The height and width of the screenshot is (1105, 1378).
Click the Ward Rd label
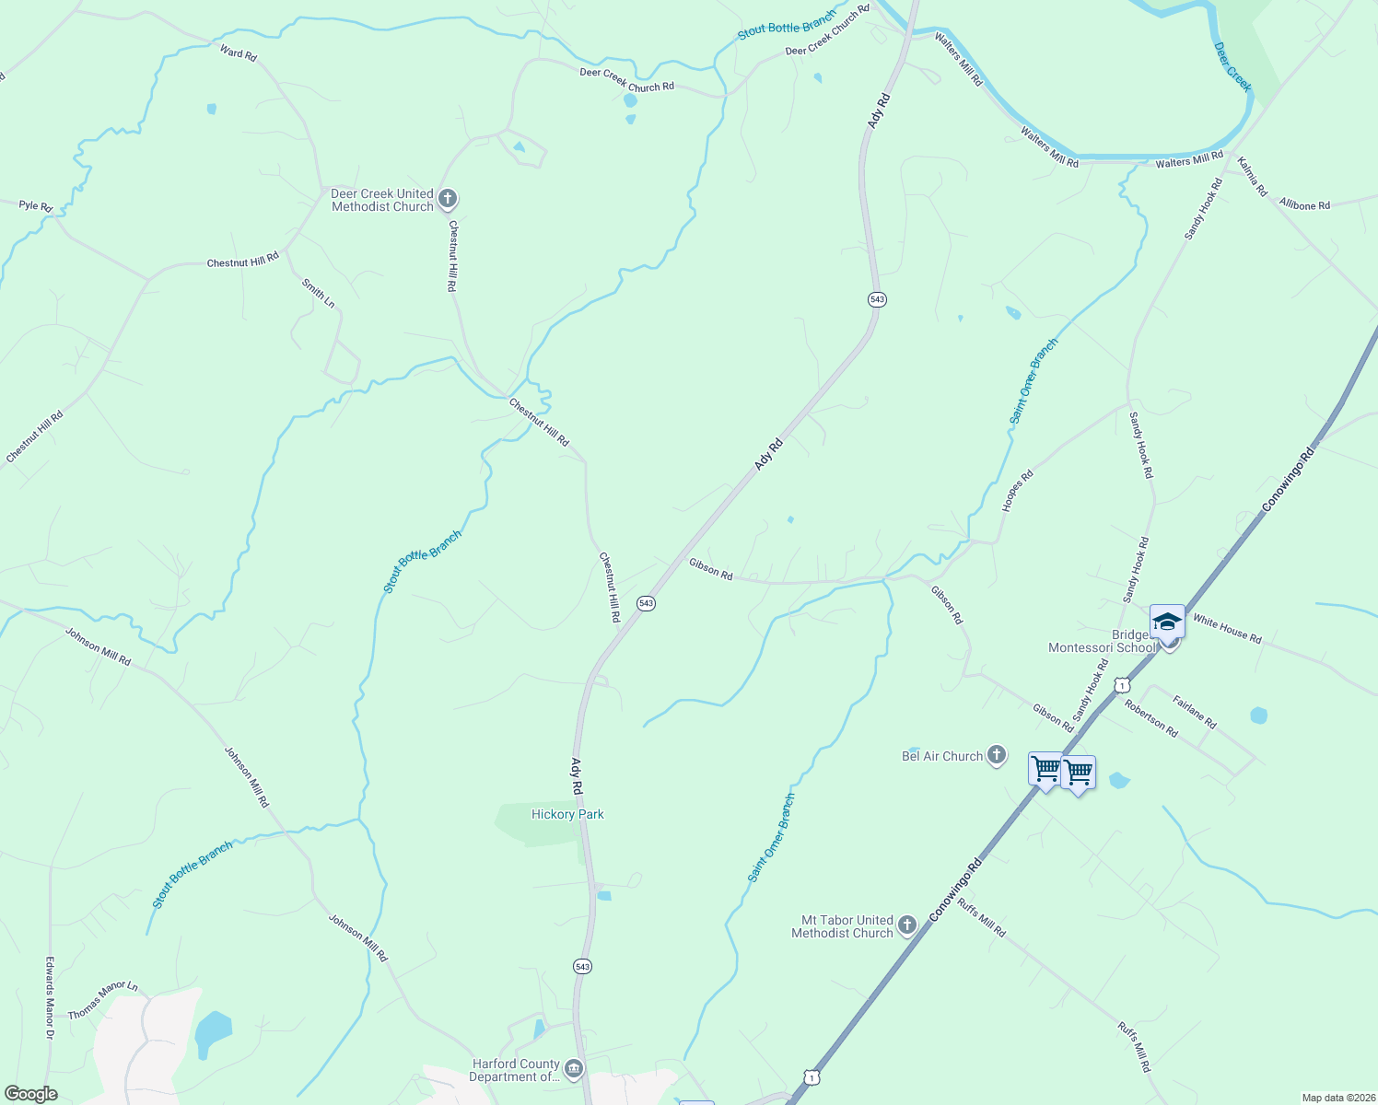(x=238, y=52)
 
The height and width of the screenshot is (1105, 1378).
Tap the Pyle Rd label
(x=36, y=205)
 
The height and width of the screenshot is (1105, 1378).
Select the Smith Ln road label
(x=318, y=294)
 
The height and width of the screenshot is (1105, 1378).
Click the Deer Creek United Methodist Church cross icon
(x=448, y=199)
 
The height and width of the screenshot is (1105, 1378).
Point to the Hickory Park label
(x=567, y=814)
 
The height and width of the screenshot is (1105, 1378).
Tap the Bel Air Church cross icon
(x=996, y=756)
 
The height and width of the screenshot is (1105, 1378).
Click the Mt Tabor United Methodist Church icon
(x=907, y=925)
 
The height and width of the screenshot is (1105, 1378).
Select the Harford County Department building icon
(x=574, y=1069)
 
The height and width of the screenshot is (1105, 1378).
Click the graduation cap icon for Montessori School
(x=1167, y=622)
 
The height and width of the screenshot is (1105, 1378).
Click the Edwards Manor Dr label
(x=50, y=998)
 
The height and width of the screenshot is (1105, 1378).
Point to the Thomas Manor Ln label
(x=102, y=1000)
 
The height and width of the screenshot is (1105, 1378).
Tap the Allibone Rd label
(x=1304, y=204)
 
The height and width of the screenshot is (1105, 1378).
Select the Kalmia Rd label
(x=1253, y=176)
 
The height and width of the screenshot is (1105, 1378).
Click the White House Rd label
(x=1227, y=629)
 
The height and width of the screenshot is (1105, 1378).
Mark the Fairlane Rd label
(x=1195, y=713)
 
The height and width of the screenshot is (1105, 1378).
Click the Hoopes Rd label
(x=1018, y=491)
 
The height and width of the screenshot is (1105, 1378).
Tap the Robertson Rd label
(x=1150, y=718)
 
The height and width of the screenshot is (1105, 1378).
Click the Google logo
(x=30, y=1094)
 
